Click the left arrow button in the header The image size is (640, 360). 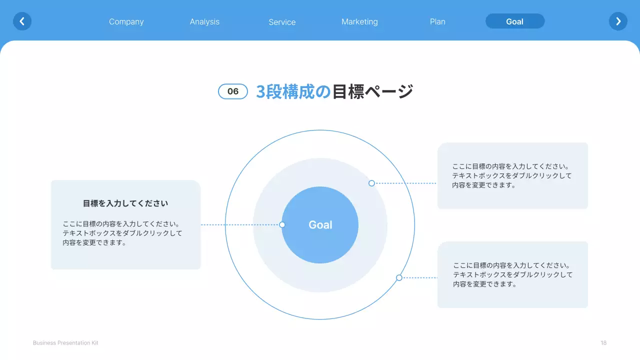tap(22, 21)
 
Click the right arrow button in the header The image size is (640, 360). tap(618, 21)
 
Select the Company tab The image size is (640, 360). tap(126, 21)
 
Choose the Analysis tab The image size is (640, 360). tap(204, 21)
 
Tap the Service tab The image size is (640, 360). tap(282, 22)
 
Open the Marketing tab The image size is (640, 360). tap(359, 21)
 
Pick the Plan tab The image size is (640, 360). tap(437, 21)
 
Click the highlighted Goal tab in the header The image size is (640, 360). tap(514, 21)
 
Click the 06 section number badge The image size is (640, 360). tap(233, 91)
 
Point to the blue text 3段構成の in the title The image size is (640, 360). tap(293, 91)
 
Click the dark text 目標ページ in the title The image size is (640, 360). tap(372, 91)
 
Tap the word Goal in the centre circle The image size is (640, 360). tap(320, 225)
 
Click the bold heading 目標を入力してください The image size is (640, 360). tap(125, 203)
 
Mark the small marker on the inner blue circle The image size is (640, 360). tap(282, 225)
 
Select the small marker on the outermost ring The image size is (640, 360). tap(399, 277)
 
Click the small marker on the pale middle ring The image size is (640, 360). tap(371, 183)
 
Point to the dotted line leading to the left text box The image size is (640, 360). tap(240, 225)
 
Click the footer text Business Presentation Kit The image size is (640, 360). tap(65, 343)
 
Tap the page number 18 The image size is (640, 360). tap(603, 343)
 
